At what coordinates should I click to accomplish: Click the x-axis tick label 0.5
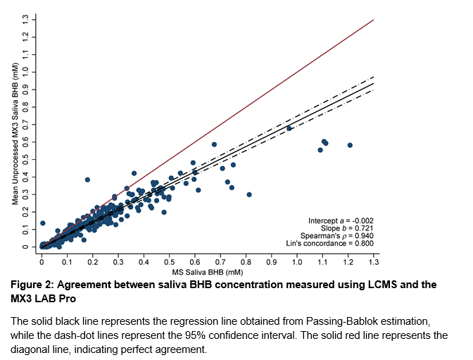[170, 261]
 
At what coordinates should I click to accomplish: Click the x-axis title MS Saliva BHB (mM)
[208, 272]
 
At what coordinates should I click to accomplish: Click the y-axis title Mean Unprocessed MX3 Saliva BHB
[16, 133]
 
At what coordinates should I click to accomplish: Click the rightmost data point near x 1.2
[350, 145]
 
